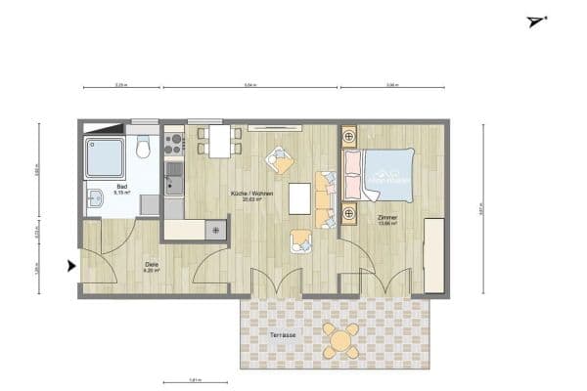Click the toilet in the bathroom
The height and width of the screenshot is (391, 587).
pos(144,149)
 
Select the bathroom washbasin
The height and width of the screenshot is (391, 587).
pos(93,201)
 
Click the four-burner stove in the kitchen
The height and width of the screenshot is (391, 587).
pos(174,143)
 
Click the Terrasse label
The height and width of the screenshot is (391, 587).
pos(284,336)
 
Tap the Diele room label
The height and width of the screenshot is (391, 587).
pos(152,265)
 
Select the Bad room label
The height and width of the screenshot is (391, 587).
pos(121,187)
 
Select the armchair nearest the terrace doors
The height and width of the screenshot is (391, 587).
pos(300,239)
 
